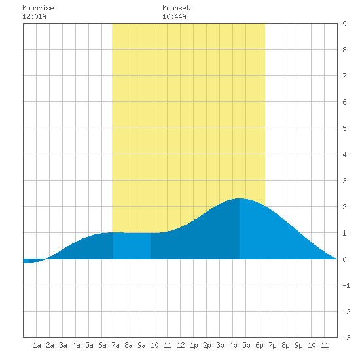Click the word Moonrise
38,8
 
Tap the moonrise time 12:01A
34,16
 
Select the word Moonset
176,8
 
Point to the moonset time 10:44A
174,16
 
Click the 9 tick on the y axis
344,24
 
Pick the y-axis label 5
344,128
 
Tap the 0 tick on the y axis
344,259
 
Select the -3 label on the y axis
346,338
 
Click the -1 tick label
346,285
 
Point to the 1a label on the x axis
37,345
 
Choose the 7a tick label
115,345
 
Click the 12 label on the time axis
181,345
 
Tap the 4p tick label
233,345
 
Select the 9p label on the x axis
298,345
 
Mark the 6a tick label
102,345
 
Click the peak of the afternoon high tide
240,198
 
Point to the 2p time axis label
207,345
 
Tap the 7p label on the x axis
272,345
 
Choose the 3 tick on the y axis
344,181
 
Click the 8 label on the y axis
344,50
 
